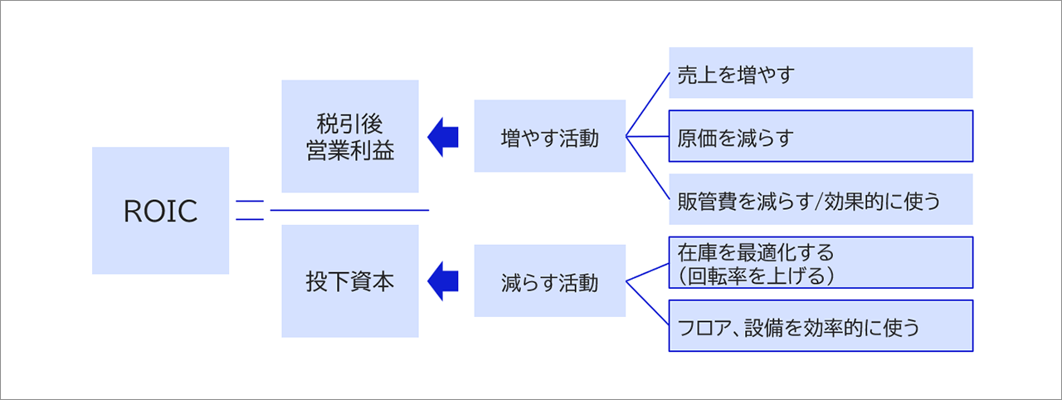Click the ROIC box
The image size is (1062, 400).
[160, 211]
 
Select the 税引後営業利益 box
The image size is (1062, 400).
[349, 136]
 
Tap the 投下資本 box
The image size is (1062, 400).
[349, 281]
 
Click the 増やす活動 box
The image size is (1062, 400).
[549, 136]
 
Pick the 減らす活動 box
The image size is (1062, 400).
[549, 281]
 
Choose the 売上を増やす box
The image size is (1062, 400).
[820, 73]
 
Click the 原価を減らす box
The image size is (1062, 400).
[820, 136]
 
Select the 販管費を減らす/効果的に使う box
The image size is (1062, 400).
[820, 199]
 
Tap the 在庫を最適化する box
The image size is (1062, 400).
[820, 262]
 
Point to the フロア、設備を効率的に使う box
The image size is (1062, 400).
[820, 326]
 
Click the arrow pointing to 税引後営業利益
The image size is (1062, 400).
[442, 136]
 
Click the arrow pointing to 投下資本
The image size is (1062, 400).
[442, 281]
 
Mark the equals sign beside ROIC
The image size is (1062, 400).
[249, 211]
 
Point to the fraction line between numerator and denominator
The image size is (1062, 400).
[349, 211]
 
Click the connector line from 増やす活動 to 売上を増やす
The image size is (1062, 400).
[647, 104]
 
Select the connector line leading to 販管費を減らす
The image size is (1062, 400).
[647, 168]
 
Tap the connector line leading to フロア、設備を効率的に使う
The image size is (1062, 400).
[647, 304]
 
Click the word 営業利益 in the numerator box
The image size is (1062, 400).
[349, 151]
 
